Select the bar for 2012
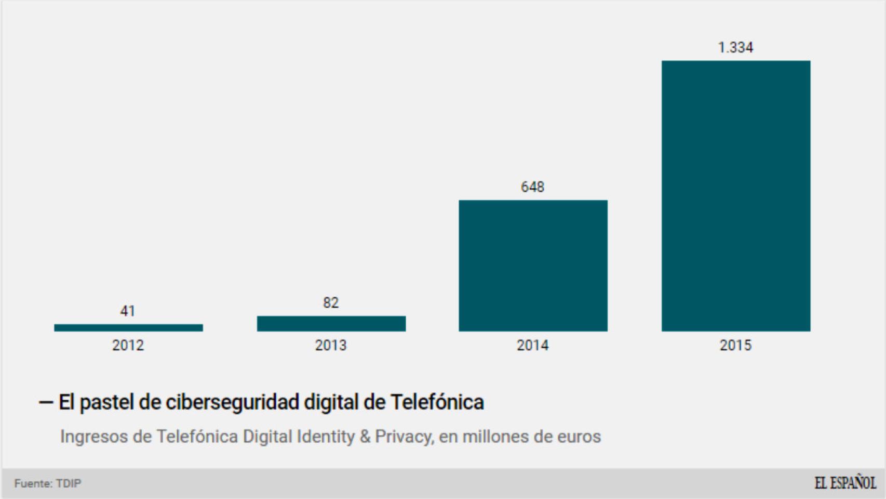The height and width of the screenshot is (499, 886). click(x=128, y=327)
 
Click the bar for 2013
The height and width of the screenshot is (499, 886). click(x=331, y=323)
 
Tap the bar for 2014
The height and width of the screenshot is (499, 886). click(x=533, y=266)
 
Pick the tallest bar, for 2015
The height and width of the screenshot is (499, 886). click(x=735, y=196)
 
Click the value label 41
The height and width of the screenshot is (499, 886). click(x=128, y=311)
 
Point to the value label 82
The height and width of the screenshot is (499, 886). click(x=331, y=303)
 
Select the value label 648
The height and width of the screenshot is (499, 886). click(x=533, y=187)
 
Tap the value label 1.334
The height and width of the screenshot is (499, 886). click(x=735, y=47)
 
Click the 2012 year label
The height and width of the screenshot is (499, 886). click(x=128, y=345)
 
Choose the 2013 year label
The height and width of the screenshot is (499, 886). click(x=331, y=345)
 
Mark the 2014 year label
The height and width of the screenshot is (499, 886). click(x=533, y=345)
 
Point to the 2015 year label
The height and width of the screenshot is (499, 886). click(x=735, y=345)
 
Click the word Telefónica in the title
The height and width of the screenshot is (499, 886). click(x=437, y=402)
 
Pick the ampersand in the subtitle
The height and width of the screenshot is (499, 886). click(x=365, y=436)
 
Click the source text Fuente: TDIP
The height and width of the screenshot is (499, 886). click(x=48, y=483)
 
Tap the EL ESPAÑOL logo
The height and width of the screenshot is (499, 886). click(x=845, y=483)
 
